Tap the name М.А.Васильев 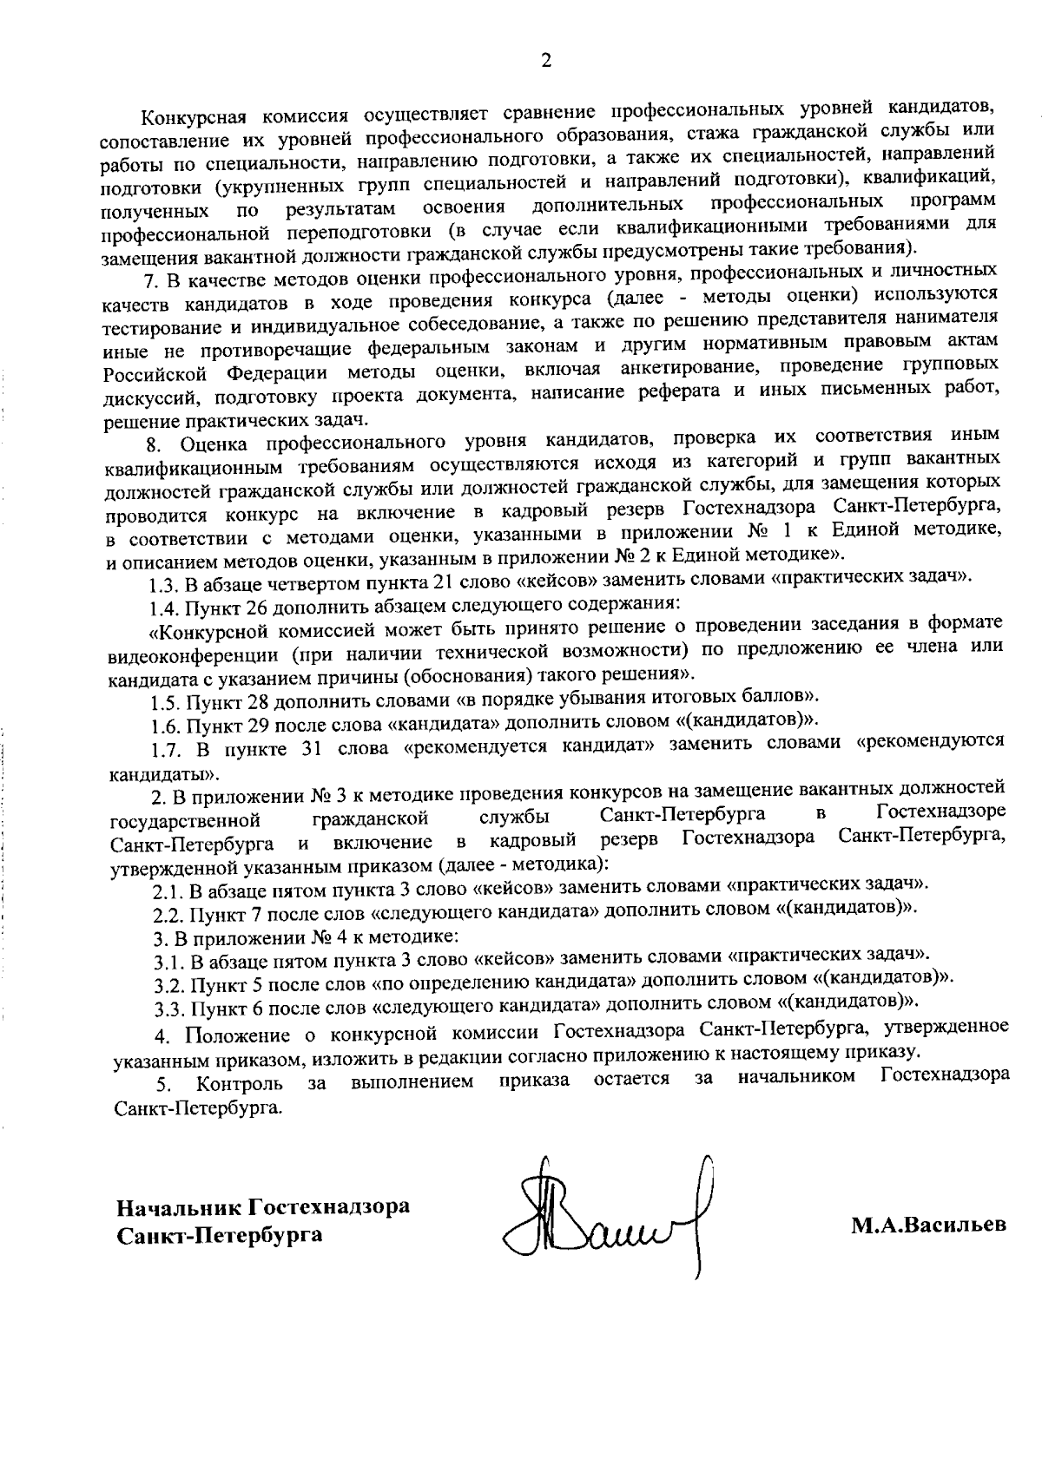click(x=928, y=1225)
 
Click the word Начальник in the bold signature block click(x=180, y=1207)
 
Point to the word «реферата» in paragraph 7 click(x=664, y=393)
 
